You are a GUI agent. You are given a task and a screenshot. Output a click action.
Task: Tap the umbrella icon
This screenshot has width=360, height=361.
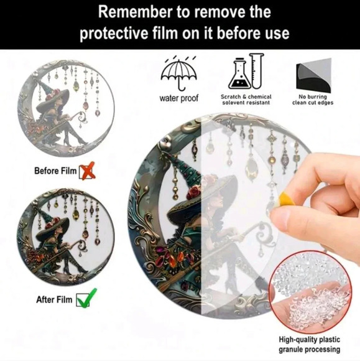point(178,73)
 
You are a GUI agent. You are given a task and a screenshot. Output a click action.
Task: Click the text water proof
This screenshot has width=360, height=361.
point(178,98)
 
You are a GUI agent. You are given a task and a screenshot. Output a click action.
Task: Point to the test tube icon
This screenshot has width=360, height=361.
point(257,71)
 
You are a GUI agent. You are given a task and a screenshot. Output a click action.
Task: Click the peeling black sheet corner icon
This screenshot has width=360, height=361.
point(313,75)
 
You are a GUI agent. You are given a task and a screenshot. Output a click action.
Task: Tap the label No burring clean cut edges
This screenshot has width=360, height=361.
point(313,100)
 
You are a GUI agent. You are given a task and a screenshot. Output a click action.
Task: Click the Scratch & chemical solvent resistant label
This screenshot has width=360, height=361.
point(246,100)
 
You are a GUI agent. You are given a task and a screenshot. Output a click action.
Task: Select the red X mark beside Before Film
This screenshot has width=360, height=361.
point(87,171)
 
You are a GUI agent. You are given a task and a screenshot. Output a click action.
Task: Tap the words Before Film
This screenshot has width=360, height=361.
point(55,171)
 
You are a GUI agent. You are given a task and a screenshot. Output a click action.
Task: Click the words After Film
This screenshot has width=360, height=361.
point(54,299)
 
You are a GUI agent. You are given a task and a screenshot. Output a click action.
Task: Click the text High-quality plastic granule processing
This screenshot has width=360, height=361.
point(310,344)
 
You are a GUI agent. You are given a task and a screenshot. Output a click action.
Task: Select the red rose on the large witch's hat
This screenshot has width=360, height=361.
point(193,192)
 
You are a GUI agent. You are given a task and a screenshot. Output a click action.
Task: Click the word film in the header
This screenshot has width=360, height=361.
point(165,33)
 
